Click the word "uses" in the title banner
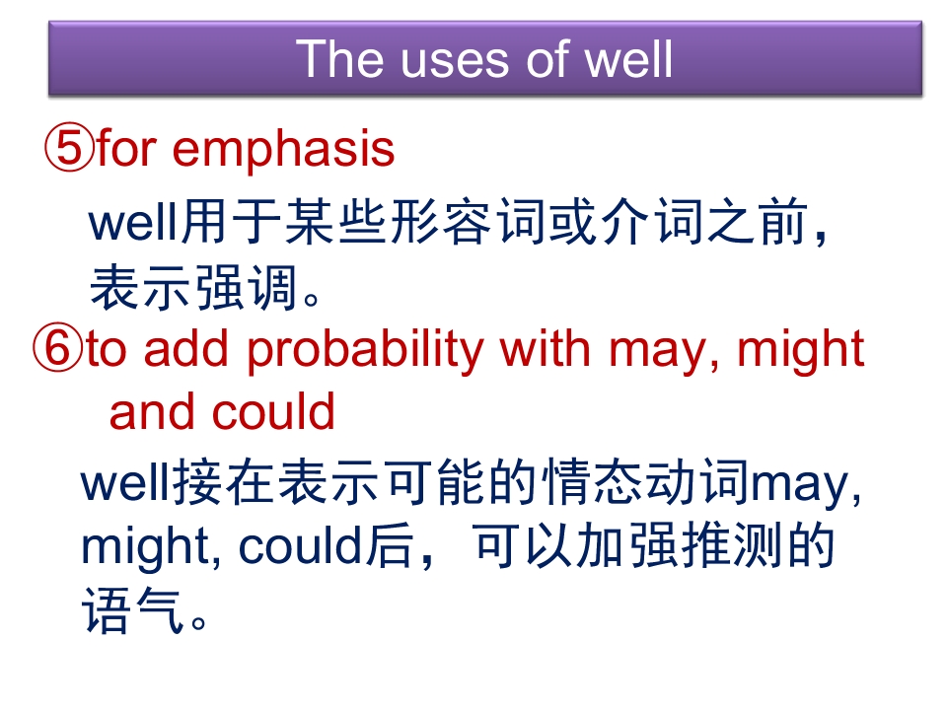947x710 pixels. pyautogui.click(x=455, y=60)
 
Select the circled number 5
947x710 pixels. pyautogui.click(x=69, y=148)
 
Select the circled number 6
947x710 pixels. pyautogui.click(x=57, y=347)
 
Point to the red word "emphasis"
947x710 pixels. pyautogui.click(x=283, y=150)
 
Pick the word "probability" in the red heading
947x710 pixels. pyautogui.click(x=366, y=351)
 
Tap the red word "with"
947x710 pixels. pyautogui.click(x=545, y=348)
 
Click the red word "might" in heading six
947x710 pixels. pyautogui.click(x=801, y=351)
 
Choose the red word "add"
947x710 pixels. pyautogui.click(x=186, y=348)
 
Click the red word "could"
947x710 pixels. pyautogui.click(x=273, y=412)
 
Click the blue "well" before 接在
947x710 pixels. pyautogui.click(x=126, y=483)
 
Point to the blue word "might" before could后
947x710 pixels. pyautogui.click(x=145, y=548)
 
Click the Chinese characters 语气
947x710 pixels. pyautogui.click(x=133, y=611)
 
